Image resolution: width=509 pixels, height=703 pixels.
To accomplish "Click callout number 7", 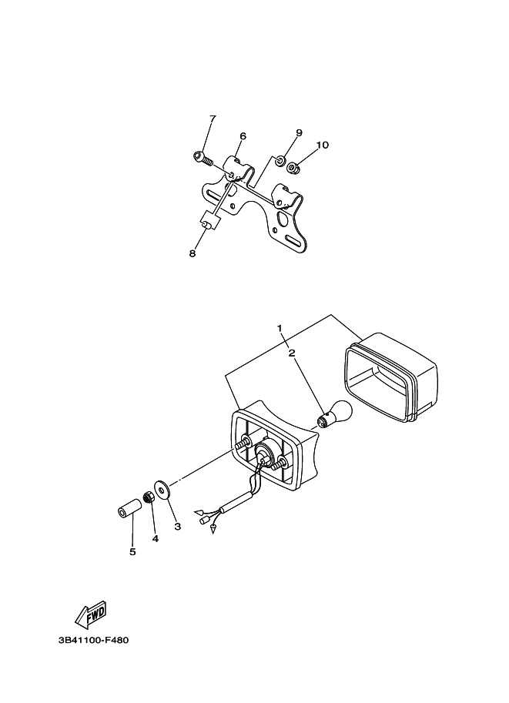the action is coord(213,119).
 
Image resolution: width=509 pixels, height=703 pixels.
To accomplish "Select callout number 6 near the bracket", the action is coord(243,136).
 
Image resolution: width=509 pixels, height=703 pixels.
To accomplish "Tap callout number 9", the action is coord(299,132).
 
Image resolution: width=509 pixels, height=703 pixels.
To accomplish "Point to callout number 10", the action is coord(322,145).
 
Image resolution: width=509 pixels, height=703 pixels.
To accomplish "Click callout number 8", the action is coord(193,253).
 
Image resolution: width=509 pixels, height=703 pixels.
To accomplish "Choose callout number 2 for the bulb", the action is coord(292,353).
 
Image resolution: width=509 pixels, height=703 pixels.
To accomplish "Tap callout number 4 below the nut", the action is coord(155,539).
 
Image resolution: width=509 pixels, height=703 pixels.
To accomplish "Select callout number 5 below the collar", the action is coord(132,551).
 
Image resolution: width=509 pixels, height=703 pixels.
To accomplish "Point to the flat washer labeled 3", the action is coord(162,489).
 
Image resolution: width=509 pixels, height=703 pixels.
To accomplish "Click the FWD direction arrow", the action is coord(91,614).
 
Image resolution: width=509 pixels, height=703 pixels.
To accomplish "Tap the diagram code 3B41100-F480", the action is coord(100,639).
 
